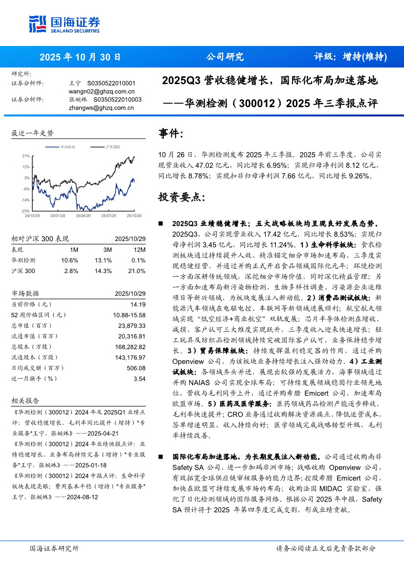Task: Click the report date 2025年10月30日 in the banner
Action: [80, 57]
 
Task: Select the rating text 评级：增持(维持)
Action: [350, 57]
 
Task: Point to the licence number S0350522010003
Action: [114, 99]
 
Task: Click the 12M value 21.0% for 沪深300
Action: [136, 271]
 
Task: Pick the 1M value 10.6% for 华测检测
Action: [69, 260]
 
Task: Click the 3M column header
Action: [107, 250]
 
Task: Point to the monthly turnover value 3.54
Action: [139, 379]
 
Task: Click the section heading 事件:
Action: [171, 133]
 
